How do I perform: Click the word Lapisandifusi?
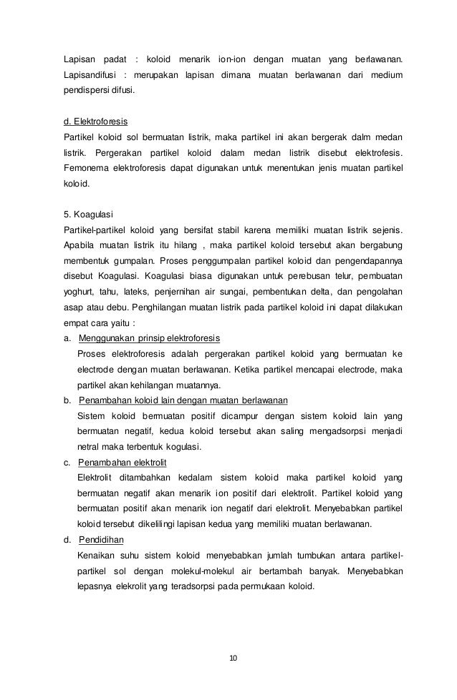[x=90, y=75]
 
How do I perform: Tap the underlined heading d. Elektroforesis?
[x=96, y=122]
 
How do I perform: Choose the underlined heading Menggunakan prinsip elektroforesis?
[x=149, y=337]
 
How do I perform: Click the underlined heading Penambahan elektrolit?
[x=122, y=461]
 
